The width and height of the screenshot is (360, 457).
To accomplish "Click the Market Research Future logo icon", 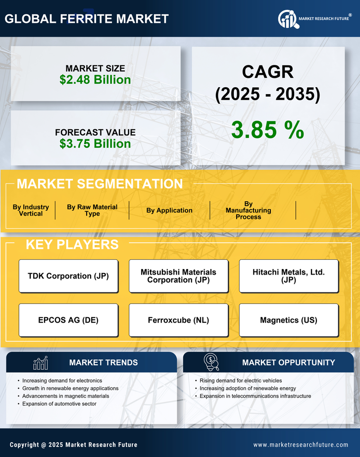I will (x=287, y=19).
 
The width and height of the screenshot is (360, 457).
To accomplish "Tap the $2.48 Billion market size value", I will (x=95, y=80).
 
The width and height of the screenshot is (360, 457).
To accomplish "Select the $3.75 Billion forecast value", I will (x=95, y=144).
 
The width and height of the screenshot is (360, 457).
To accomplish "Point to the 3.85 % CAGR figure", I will (x=267, y=130).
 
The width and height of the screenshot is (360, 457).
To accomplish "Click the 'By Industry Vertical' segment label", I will (x=31, y=210).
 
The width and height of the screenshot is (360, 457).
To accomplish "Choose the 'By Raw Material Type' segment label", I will (x=92, y=210).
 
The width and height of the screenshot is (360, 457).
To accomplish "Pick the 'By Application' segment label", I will (x=169, y=210).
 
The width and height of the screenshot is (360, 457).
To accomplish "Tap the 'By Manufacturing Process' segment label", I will (x=248, y=210).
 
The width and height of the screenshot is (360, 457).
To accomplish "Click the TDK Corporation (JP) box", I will (x=68, y=276).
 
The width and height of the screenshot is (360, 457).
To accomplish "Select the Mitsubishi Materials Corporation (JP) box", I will (x=178, y=276).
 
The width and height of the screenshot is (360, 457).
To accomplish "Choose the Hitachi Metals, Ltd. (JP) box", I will (x=289, y=276).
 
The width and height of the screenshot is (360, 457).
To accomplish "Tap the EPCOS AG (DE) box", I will (x=68, y=320).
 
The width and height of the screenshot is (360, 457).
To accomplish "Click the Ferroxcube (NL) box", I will (x=178, y=320).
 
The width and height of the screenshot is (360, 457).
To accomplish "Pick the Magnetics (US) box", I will (x=289, y=320).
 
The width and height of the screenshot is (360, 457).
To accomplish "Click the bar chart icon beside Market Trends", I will (x=41, y=363).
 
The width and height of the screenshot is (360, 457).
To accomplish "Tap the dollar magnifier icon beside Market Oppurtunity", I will (x=211, y=362).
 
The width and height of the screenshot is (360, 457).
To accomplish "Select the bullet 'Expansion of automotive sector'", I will (x=59, y=404).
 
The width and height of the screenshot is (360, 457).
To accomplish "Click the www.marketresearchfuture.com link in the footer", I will (x=301, y=445).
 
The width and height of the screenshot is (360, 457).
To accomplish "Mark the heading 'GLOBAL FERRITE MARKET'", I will (x=87, y=19).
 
